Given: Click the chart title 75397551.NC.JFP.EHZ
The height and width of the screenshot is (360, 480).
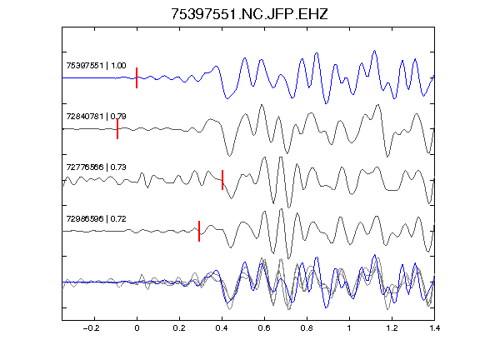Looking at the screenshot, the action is click(249, 14).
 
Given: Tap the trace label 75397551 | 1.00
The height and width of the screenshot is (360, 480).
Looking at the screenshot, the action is click(96, 66).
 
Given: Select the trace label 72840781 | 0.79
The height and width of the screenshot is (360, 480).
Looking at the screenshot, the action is click(96, 117).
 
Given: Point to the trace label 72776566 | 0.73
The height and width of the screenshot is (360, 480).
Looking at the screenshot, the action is click(96, 167).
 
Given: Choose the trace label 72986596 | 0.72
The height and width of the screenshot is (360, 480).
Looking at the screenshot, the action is click(96, 218).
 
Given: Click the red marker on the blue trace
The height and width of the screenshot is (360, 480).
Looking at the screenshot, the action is click(137, 77).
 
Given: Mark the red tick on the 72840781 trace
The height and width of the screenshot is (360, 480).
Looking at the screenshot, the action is click(117, 129).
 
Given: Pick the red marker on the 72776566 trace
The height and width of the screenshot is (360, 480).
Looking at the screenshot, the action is click(222, 180).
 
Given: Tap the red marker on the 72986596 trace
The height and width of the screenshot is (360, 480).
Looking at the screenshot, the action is click(199, 231).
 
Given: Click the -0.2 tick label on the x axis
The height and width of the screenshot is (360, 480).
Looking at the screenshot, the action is click(91, 328).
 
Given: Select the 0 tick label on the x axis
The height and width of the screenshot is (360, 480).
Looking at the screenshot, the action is click(137, 328).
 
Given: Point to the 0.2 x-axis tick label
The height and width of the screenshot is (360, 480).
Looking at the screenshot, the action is click(179, 328).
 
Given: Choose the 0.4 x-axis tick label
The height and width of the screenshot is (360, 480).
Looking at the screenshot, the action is click(222, 328).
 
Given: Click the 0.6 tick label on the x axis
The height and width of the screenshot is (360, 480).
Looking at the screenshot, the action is click(264, 328).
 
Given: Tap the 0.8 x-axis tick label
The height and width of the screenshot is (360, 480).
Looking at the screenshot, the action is click(307, 328).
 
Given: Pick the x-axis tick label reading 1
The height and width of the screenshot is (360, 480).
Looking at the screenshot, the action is click(349, 328).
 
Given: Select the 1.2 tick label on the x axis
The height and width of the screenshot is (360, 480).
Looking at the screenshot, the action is click(392, 328).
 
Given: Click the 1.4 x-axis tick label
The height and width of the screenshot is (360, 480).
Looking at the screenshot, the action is click(434, 328).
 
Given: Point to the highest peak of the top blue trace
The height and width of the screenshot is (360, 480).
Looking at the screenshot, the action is click(374, 51).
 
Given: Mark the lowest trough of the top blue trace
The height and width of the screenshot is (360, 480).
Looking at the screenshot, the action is click(326, 103).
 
